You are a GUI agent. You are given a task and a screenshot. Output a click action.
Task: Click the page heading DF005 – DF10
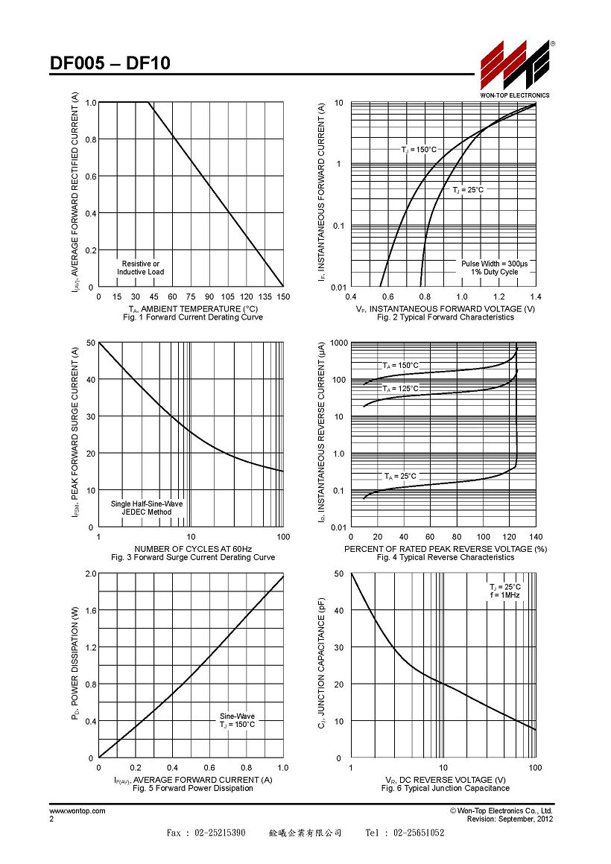point(110,63)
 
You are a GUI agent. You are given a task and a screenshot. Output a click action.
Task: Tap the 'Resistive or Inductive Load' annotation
point(141,268)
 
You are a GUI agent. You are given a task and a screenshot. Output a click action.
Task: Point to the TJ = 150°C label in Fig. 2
point(419,149)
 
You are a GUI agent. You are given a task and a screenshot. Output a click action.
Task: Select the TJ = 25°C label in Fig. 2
point(468,189)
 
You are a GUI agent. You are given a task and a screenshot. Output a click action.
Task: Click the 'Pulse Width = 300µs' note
point(495,264)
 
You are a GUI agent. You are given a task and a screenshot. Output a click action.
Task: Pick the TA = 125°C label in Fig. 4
point(401,389)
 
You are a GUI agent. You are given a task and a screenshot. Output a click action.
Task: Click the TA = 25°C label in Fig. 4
point(401,476)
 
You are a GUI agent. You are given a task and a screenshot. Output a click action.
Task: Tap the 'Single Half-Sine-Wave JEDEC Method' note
point(147,507)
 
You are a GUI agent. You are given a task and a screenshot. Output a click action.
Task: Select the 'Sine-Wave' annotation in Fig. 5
point(237,717)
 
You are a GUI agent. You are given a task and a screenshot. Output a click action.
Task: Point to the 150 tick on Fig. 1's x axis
point(283,296)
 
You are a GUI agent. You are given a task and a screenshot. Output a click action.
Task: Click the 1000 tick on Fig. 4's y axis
point(339,343)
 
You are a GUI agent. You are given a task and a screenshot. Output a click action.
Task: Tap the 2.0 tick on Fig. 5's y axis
point(90,574)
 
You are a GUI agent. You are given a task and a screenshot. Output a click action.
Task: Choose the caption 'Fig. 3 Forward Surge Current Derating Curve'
point(193,557)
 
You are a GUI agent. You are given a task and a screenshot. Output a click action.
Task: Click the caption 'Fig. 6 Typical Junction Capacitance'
point(446,788)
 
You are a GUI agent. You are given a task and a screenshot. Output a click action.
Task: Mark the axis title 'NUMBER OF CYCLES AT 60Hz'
point(193,549)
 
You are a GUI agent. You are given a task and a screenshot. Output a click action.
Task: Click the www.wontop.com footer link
point(77,810)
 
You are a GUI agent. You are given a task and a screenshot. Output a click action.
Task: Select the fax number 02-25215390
point(220,833)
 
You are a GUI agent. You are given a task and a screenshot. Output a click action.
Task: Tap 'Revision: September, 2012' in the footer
point(510,819)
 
